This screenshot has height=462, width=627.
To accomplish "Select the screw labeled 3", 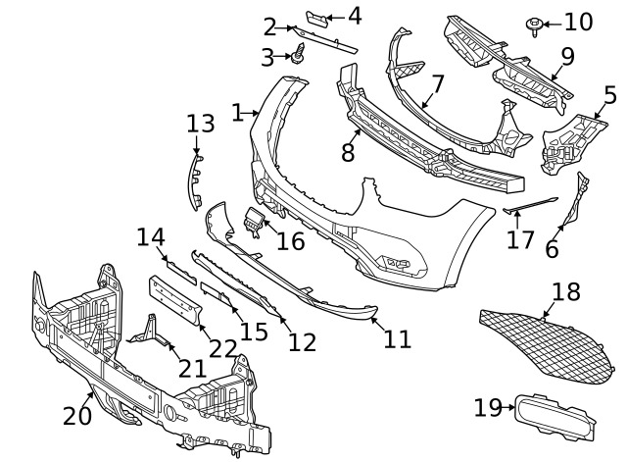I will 300,57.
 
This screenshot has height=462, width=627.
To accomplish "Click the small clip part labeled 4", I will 318,19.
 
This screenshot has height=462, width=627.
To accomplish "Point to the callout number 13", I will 200,124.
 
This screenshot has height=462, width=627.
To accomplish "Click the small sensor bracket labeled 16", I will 254,223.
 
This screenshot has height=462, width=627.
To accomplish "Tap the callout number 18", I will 566,291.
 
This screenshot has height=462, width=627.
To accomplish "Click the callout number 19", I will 487,407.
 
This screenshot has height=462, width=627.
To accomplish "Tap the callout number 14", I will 151,237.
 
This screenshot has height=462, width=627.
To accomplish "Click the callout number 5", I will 609,96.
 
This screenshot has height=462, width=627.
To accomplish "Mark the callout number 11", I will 397,339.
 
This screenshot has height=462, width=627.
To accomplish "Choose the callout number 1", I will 236,113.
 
